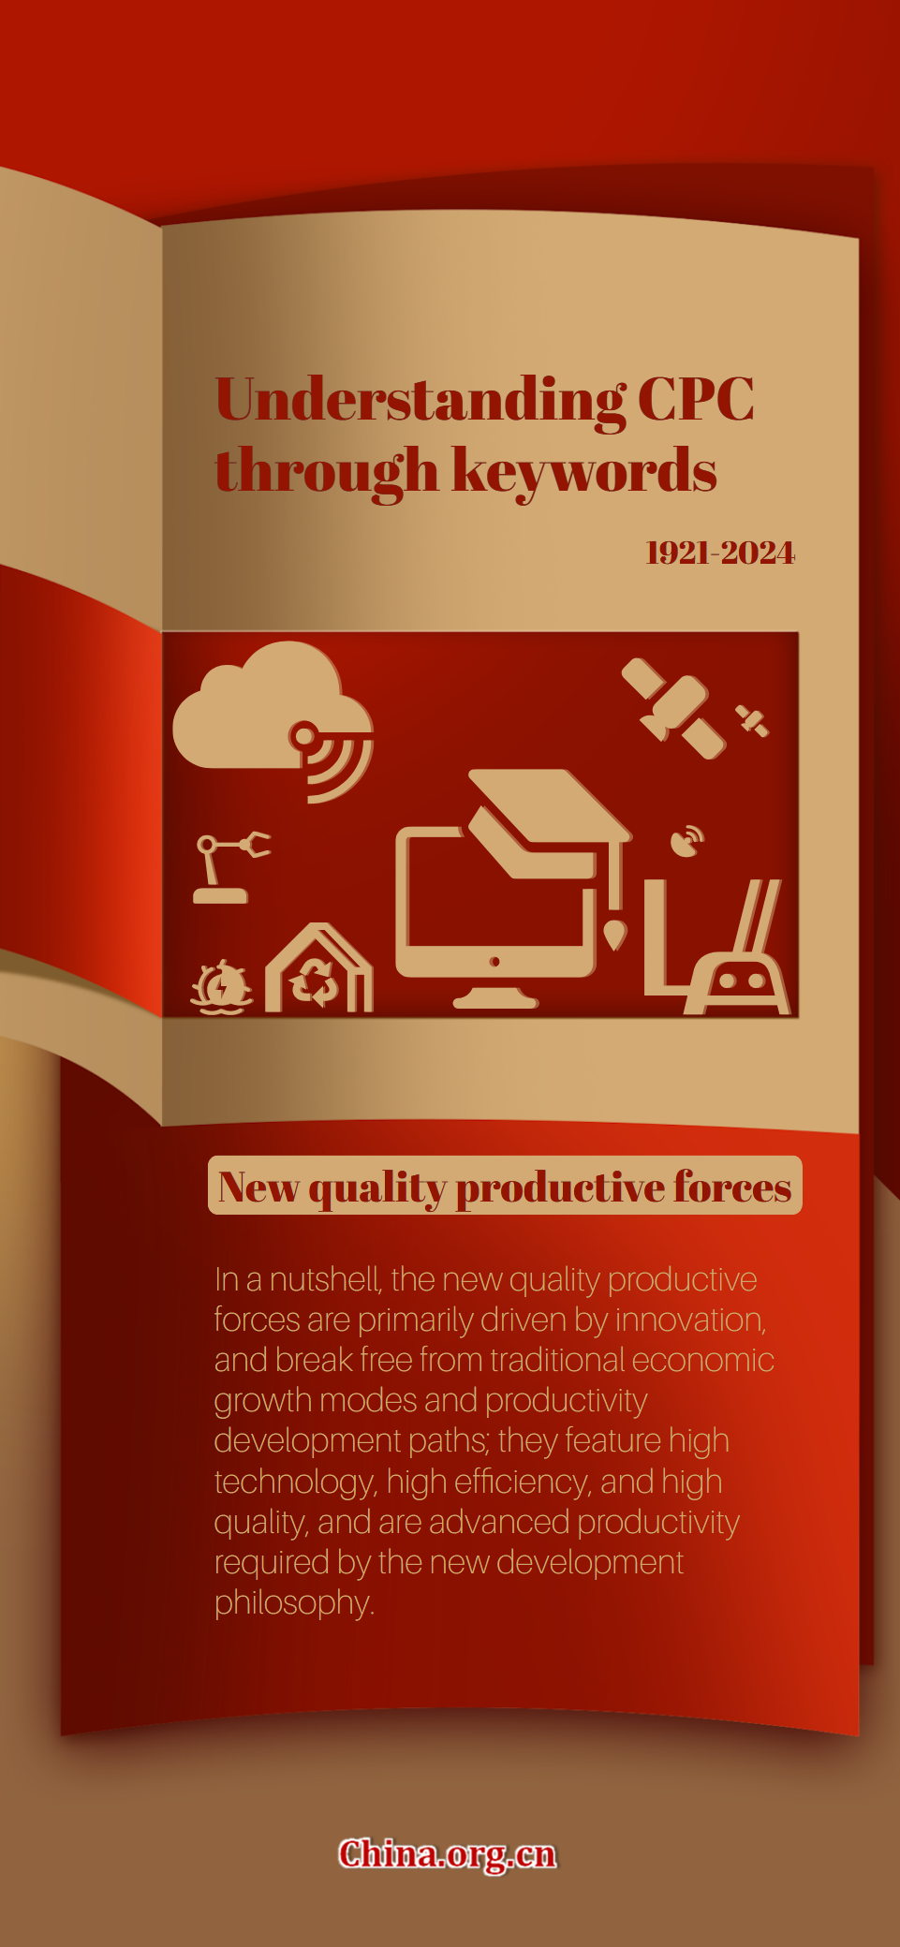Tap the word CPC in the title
(696, 400)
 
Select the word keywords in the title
(584, 471)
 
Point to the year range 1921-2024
(720, 553)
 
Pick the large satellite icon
(673, 707)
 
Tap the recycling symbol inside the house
(316, 982)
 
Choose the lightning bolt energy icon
(222, 986)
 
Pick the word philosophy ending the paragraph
(294, 1603)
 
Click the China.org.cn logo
(448, 1854)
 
